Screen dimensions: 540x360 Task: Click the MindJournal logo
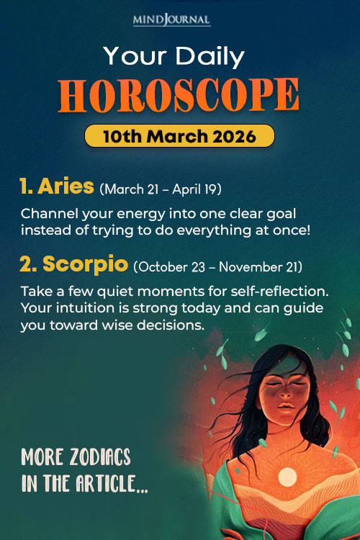pyautogui.click(x=179, y=19)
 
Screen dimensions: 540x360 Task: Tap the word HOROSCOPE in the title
pyautogui.click(x=179, y=94)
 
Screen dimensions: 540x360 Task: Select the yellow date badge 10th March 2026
pyautogui.click(x=179, y=135)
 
